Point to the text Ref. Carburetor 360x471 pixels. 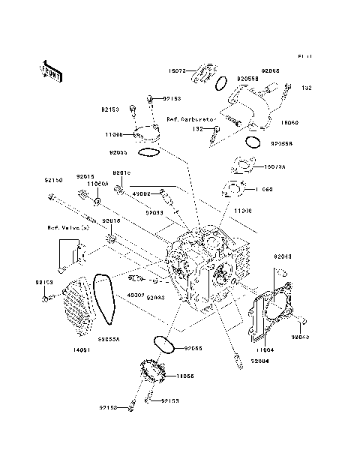pos(192,119)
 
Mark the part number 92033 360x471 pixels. pos(155,213)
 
